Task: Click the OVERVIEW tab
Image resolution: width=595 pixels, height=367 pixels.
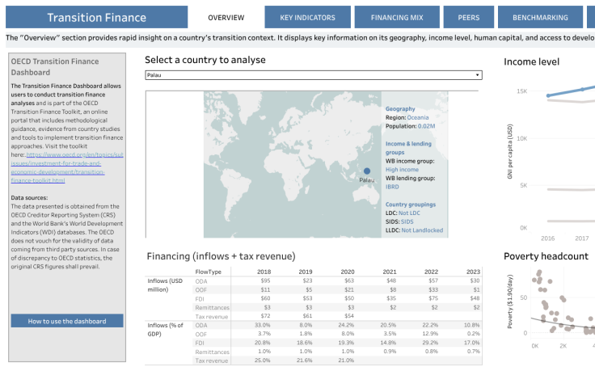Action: pos(226,17)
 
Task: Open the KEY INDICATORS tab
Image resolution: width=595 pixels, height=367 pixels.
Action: pos(308,17)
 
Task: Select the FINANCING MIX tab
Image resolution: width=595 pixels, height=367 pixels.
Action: pos(396,17)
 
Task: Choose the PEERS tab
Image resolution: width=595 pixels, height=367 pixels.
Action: pos(468,17)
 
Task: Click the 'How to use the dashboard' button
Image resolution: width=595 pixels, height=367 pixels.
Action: pos(67,321)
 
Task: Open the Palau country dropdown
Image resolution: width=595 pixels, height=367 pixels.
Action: pos(314,75)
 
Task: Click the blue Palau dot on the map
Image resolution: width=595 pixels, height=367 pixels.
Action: pos(367,171)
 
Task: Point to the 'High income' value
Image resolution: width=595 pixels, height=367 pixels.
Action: pos(402,169)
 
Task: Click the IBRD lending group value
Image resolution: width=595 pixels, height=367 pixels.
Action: pos(393,186)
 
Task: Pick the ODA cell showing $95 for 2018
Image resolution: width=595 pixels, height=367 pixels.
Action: pos(264,280)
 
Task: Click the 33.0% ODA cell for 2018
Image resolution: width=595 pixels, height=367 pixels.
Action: pos(262,324)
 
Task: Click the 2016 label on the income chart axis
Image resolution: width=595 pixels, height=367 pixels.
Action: pos(547,238)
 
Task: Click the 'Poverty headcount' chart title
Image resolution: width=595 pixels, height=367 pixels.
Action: pos(546,256)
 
